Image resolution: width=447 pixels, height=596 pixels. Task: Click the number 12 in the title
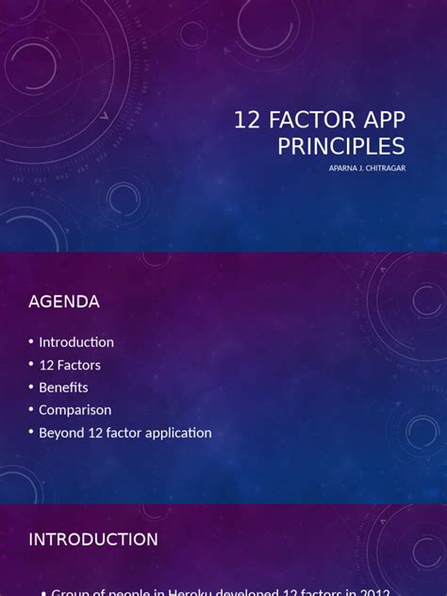(x=247, y=121)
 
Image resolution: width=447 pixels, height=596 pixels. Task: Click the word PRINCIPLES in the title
(x=340, y=146)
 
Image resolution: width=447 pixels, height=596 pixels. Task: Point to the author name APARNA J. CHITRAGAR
(x=367, y=168)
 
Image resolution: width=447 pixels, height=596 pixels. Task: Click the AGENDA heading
(x=64, y=302)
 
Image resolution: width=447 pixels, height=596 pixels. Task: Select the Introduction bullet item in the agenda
(x=76, y=342)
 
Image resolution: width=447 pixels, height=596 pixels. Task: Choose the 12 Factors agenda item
(x=70, y=365)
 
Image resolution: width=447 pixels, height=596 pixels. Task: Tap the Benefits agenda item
(x=63, y=388)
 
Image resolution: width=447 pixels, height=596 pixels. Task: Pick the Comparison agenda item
(x=75, y=410)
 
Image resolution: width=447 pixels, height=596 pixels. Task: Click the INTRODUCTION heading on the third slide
(x=93, y=539)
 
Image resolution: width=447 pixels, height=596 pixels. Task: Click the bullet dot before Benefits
(x=31, y=388)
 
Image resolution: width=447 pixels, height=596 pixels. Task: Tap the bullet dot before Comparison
(x=31, y=410)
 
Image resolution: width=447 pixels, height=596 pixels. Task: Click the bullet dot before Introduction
(x=31, y=342)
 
